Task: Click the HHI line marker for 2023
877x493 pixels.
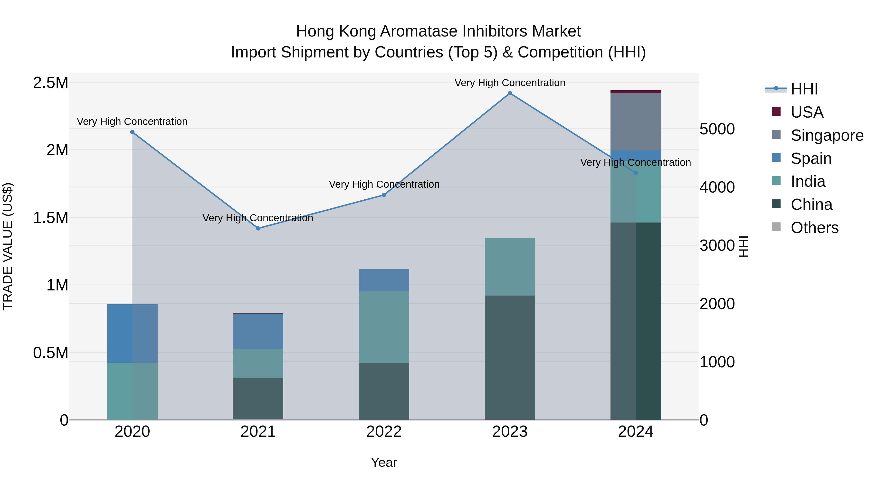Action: [510, 93]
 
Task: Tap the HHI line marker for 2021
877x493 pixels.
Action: [258, 228]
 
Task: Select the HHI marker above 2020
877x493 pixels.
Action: [133, 132]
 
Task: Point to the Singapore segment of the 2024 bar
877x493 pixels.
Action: [635, 121]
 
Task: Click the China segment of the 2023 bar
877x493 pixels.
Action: [510, 357]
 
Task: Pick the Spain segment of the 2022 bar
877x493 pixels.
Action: [384, 280]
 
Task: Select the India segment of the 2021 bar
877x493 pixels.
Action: [258, 363]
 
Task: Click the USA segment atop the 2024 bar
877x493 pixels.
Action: [635, 92]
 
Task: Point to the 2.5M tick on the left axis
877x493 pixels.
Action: [51, 83]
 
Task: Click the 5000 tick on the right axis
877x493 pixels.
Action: [717, 129]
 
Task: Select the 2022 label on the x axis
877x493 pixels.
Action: [384, 432]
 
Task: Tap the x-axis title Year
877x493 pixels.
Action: [384, 462]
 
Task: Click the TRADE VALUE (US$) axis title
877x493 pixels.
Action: [8, 246]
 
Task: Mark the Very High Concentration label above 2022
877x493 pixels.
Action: [384, 184]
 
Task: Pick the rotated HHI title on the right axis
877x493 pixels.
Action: [744, 246]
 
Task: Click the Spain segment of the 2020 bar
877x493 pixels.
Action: [133, 334]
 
